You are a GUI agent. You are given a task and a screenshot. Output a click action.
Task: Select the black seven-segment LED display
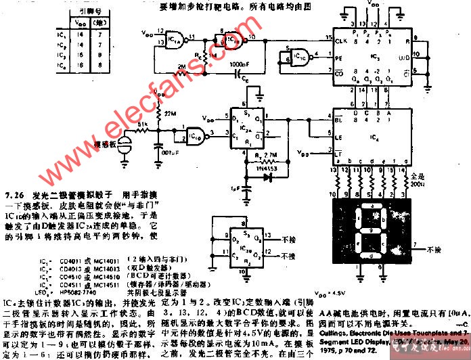click(x=369, y=231)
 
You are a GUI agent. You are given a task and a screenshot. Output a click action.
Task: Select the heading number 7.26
click(x=14, y=193)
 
